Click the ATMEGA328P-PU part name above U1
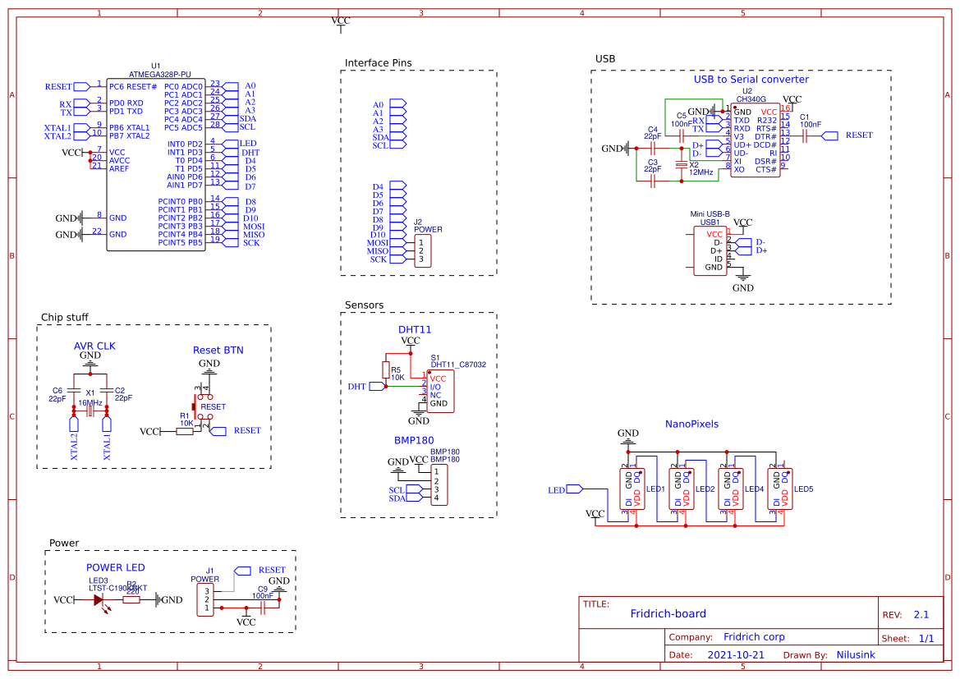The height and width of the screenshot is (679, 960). click(159, 74)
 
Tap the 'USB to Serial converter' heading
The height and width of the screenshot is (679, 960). click(751, 80)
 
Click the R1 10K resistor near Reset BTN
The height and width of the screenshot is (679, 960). click(185, 431)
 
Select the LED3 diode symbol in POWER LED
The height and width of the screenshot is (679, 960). click(99, 600)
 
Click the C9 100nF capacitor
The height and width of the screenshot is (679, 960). click(263, 608)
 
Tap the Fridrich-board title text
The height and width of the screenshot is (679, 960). click(668, 613)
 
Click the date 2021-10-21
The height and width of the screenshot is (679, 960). click(736, 655)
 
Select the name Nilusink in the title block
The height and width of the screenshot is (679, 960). click(856, 655)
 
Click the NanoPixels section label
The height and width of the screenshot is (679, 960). click(691, 424)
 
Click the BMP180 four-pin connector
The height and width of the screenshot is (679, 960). click(438, 484)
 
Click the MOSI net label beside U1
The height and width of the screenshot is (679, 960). click(253, 227)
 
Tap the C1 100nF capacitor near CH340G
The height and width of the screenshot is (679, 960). click(806, 135)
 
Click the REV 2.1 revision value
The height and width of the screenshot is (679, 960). click(921, 615)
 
